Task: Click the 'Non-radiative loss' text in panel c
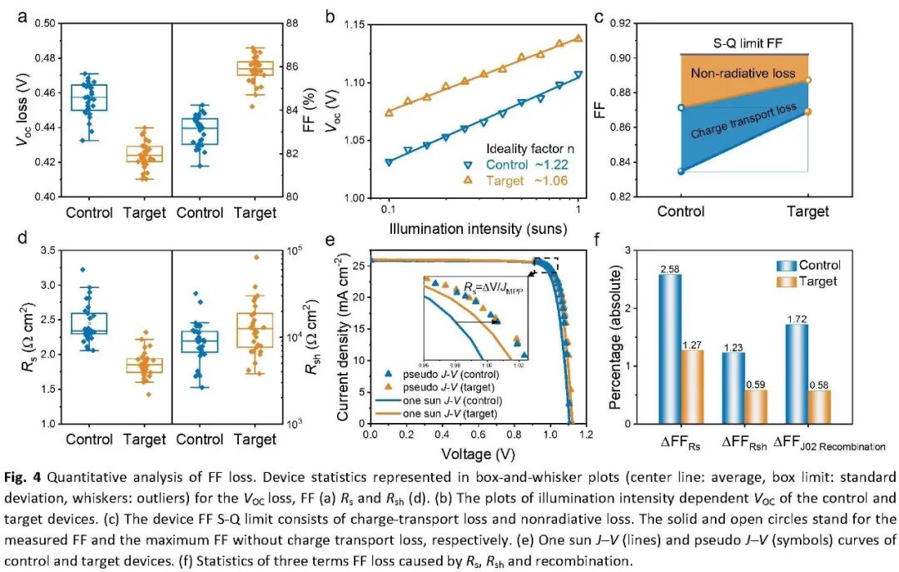743,74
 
